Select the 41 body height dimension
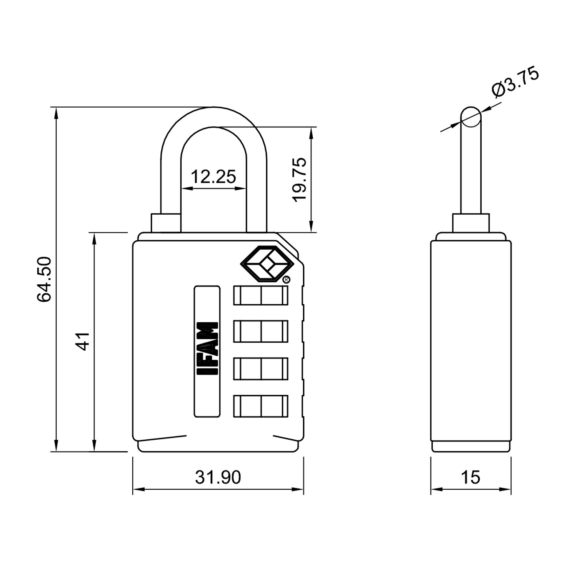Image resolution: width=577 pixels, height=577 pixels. [83, 342]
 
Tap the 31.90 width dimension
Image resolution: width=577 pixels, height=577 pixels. [218, 477]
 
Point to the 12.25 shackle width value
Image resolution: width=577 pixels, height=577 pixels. [213, 177]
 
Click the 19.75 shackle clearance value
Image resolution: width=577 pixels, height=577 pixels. [299, 179]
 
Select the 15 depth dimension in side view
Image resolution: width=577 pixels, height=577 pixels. [470, 477]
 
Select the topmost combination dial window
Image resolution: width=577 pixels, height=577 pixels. [261, 295]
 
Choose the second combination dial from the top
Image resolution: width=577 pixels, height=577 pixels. [261, 331]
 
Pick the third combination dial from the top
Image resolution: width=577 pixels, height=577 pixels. [261, 369]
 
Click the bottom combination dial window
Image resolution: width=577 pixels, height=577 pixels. [261, 406]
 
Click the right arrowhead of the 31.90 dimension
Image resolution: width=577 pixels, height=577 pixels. [299, 490]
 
